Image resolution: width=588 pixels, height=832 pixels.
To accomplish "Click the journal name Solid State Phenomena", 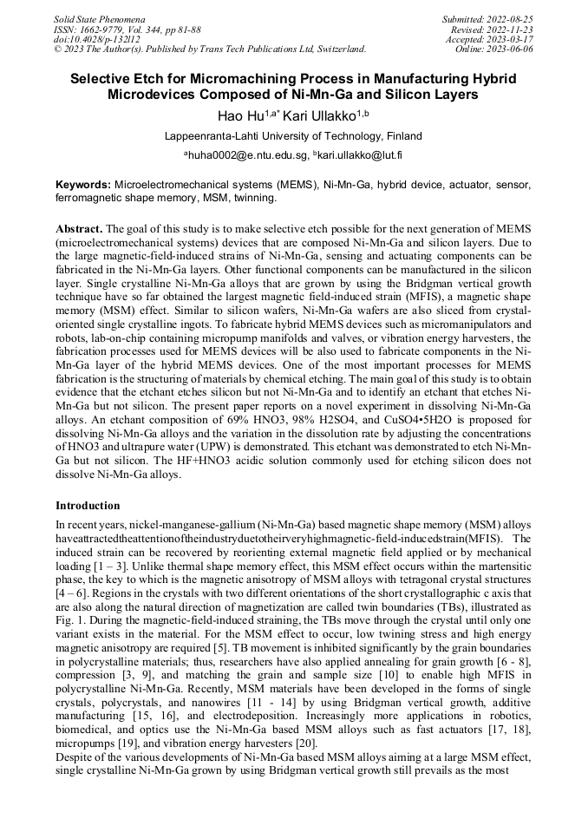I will point(100,18).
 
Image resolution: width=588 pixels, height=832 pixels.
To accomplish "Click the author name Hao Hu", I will point(238,115).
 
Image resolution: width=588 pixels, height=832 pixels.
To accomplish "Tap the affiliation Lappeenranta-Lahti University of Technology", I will point(293,136).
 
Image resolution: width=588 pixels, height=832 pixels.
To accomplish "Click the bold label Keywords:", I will point(83,186).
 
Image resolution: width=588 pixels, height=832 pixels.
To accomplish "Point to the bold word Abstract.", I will point(79,228).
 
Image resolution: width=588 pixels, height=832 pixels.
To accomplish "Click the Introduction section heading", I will point(88,506).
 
